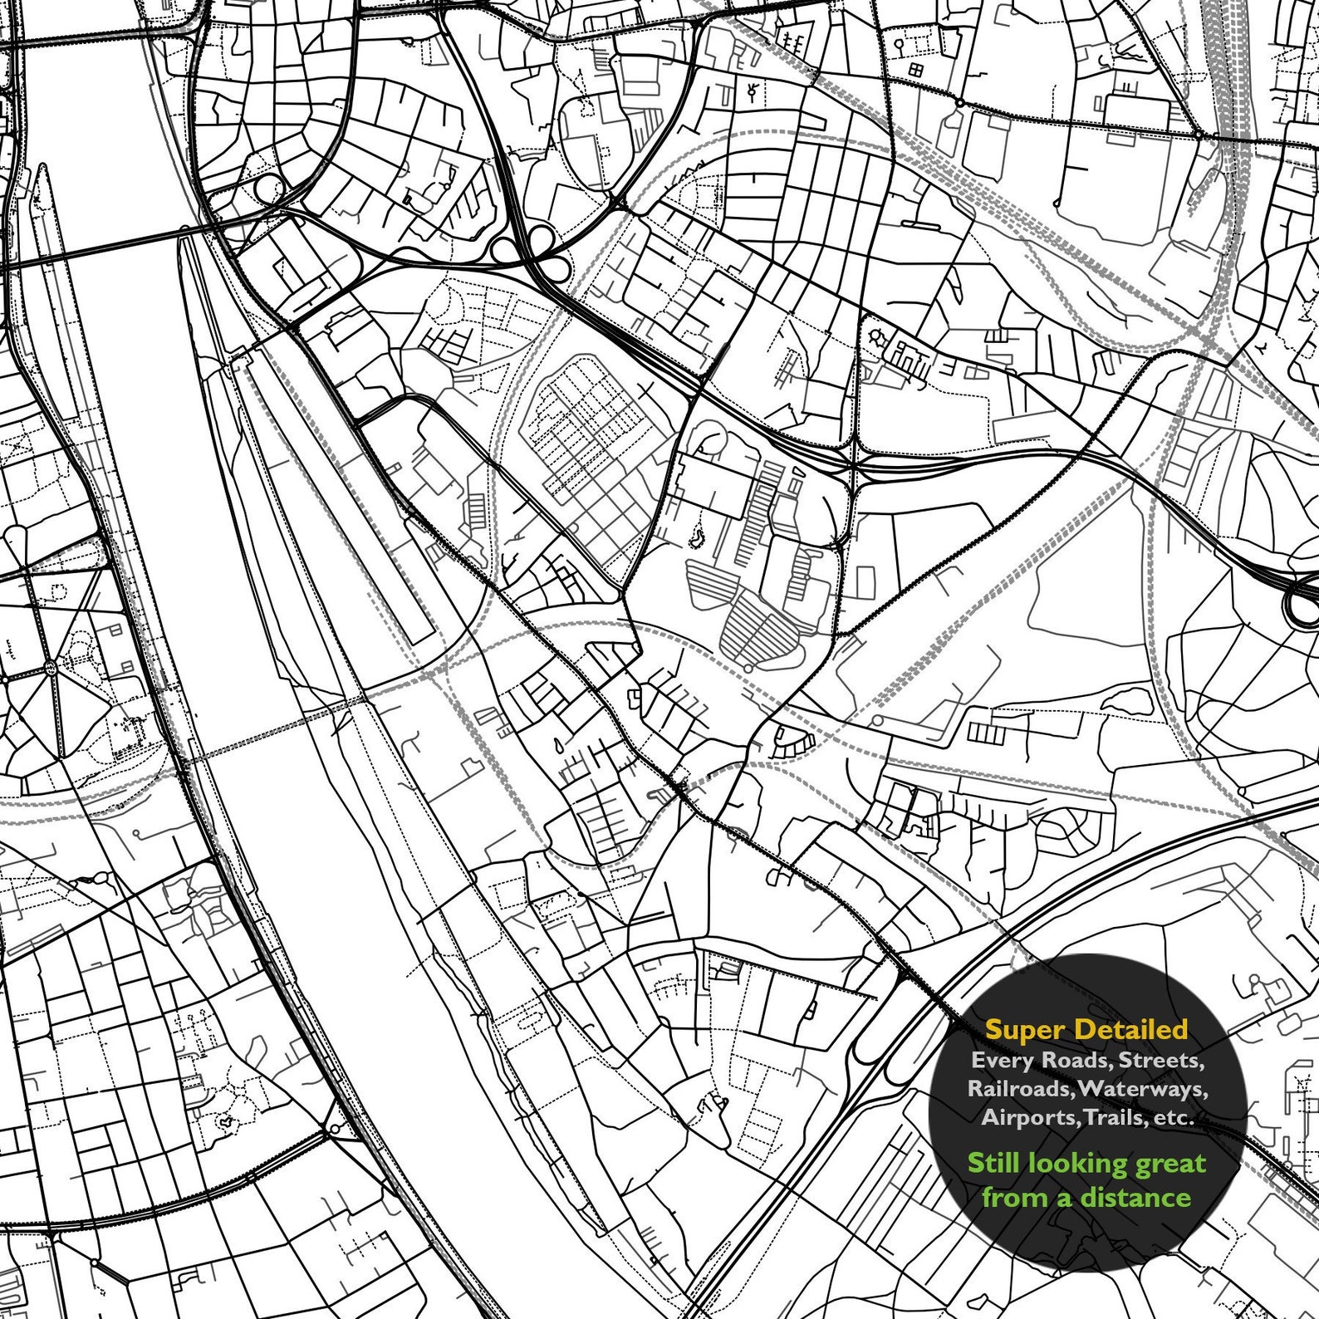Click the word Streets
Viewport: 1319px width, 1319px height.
[1161, 1061]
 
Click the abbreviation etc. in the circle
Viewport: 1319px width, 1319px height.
[1173, 1118]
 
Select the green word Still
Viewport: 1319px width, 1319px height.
[994, 1163]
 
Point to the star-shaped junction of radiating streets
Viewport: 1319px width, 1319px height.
[51, 667]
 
